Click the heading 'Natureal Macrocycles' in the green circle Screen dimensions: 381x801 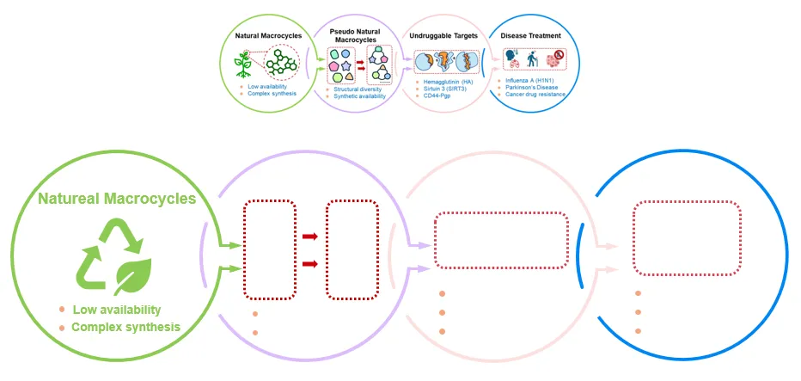coord(116,200)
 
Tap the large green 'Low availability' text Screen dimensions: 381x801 coord(116,310)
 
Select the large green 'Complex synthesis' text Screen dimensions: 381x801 coord(125,327)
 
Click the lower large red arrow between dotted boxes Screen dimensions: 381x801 coord(309,263)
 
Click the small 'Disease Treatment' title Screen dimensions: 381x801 coord(533,36)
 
